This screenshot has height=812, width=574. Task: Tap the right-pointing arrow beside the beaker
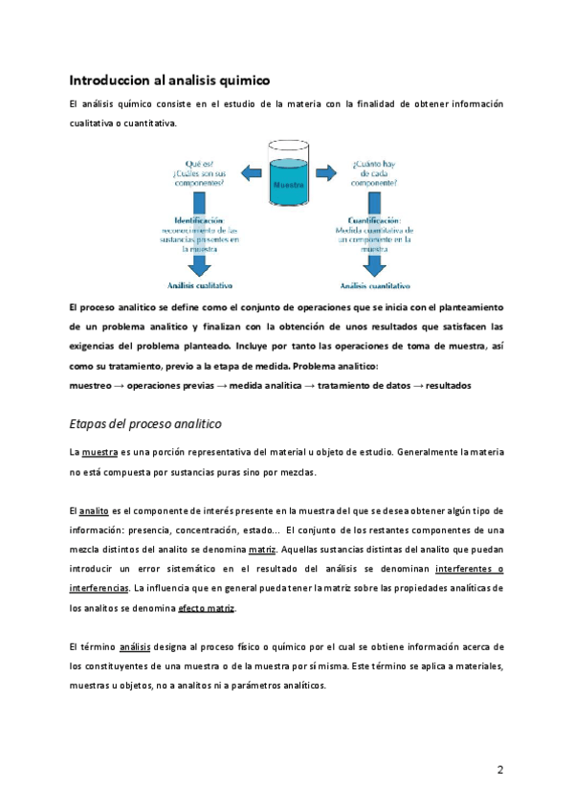click(x=326, y=173)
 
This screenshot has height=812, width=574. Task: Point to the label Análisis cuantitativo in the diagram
click(x=377, y=285)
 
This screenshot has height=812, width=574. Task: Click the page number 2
click(x=500, y=770)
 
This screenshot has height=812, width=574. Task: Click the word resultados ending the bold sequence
click(x=449, y=385)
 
